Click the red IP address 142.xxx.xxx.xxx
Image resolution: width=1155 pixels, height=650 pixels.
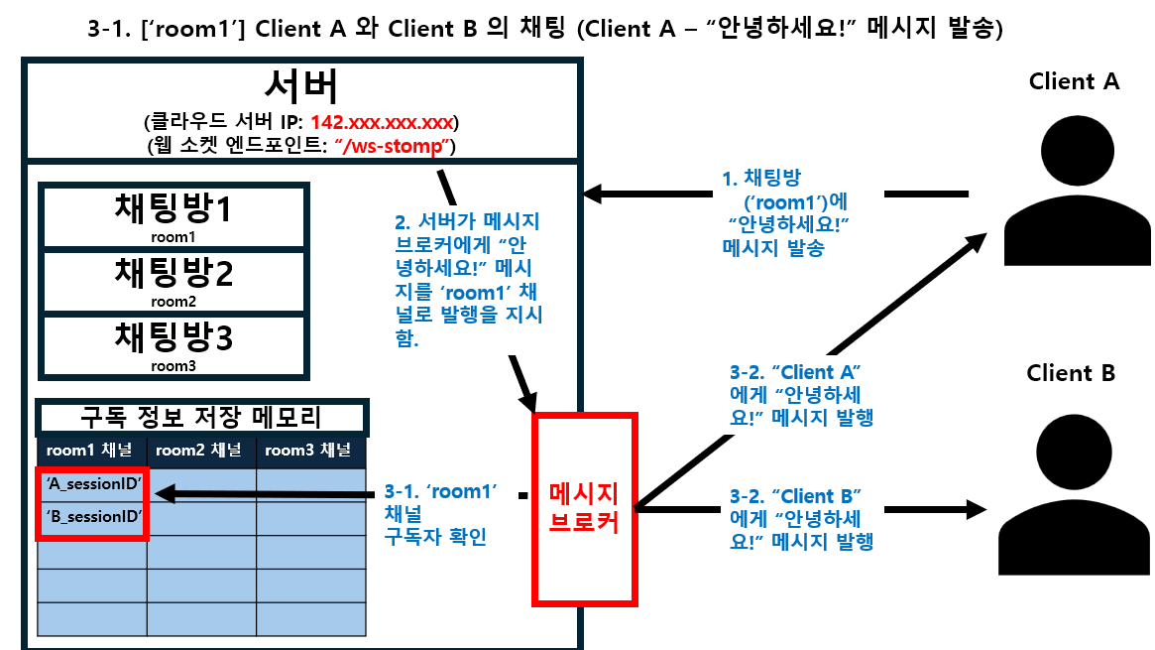pyautogui.click(x=382, y=123)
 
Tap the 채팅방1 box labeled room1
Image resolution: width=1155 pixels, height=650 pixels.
pyautogui.click(x=173, y=214)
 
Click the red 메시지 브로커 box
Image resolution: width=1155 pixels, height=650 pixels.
pyautogui.click(x=584, y=508)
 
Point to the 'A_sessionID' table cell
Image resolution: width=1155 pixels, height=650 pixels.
pyautogui.click(x=93, y=483)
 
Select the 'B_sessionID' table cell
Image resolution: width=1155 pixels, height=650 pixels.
pyautogui.click(x=93, y=518)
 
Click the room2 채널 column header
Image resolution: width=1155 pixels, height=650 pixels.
pyautogui.click(x=201, y=451)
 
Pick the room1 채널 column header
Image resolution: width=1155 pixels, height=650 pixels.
pyautogui.click(x=92, y=451)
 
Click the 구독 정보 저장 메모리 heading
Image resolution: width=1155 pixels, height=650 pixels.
pyautogui.click(x=201, y=417)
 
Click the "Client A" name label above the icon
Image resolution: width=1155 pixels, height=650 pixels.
pyautogui.click(x=1074, y=81)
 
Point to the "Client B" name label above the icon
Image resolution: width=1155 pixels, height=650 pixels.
pyautogui.click(x=1071, y=373)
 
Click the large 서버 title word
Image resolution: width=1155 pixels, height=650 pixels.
pyautogui.click(x=301, y=87)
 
